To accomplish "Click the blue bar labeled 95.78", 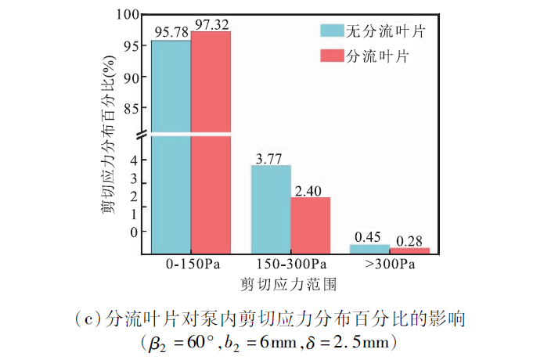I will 171,141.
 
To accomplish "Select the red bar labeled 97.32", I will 211,141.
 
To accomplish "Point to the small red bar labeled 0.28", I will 409,250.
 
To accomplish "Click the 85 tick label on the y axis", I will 131,109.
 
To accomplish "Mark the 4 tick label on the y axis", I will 134,160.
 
